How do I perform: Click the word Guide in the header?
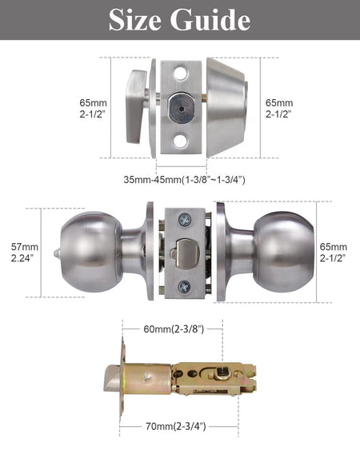click(210, 20)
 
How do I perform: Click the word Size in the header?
click(135, 20)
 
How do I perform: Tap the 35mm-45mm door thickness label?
click(184, 180)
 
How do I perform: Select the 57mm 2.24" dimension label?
click(25, 253)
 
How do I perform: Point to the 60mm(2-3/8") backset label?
click(174, 329)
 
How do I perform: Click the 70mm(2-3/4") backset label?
click(175, 426)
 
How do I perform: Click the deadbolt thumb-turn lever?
click(137, 106)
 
